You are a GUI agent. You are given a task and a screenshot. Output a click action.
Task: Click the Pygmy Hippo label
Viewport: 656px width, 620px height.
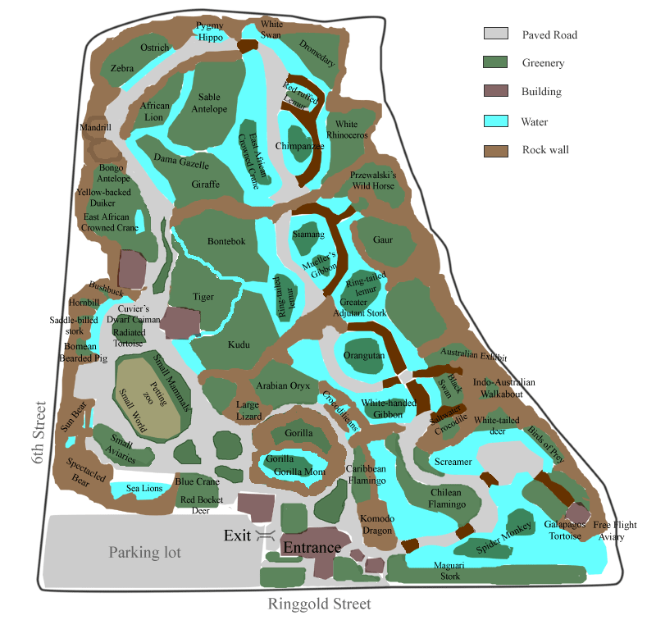pos(210,32)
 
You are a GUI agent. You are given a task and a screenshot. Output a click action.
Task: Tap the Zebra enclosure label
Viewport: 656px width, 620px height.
pos(122,69)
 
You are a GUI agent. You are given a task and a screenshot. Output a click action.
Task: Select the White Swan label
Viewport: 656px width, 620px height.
pos(271,30)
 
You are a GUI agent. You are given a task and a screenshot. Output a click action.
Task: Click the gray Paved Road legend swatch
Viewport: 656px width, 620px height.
pos(494,34)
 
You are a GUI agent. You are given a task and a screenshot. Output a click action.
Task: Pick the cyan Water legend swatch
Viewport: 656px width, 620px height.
pos(494,121)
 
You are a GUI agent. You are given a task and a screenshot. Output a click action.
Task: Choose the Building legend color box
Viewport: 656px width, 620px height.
pos(494,92)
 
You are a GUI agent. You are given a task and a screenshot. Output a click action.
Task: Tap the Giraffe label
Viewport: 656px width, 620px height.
pos(206,185)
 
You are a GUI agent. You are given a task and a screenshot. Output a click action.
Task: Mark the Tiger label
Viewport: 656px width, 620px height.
pos(203,296)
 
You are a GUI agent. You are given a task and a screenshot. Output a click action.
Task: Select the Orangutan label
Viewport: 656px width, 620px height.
pos(364,356)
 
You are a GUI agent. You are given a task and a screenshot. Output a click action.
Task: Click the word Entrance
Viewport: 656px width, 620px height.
pos(312,548)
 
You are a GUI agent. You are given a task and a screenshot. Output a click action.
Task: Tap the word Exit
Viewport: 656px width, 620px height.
pos(239,536)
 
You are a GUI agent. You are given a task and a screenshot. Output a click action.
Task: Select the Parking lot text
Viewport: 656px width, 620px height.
pos(145,553)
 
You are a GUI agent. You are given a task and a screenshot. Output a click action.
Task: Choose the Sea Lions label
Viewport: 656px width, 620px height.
pos(144,489)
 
